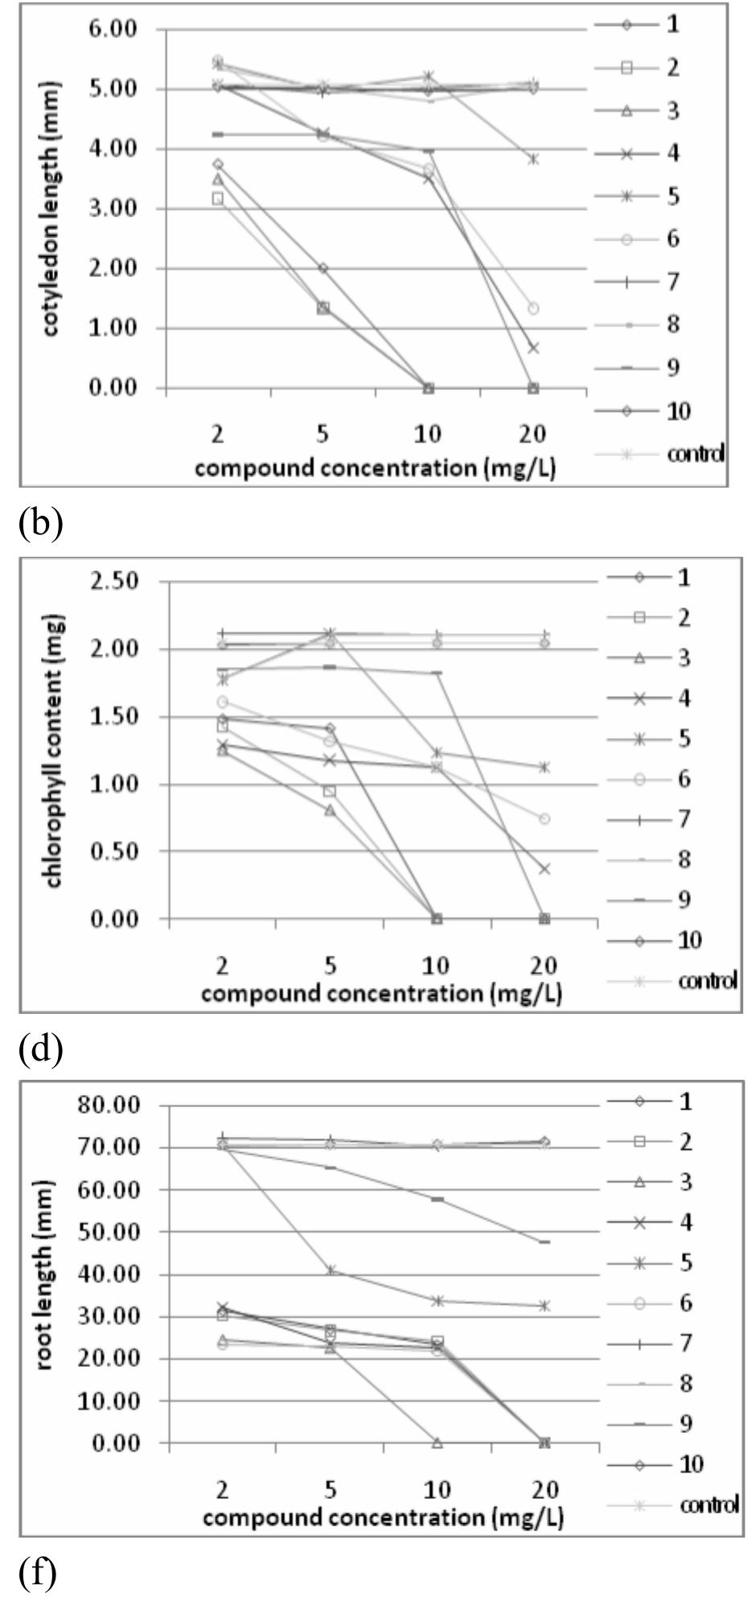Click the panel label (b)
[x=39, y=523]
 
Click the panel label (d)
[x=39, y=1048]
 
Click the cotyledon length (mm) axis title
[x=51, y=209]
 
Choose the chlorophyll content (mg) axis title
[x=54, y=751]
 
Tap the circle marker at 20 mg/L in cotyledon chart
[x=532, y=308]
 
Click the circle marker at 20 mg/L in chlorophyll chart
[x=544, y=818]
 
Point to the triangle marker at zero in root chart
[x=438, y=1442]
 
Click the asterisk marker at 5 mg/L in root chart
[x=331, y=1270]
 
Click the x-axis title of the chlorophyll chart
[x=381, y=993]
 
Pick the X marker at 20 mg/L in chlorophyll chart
[x=544, y=869]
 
